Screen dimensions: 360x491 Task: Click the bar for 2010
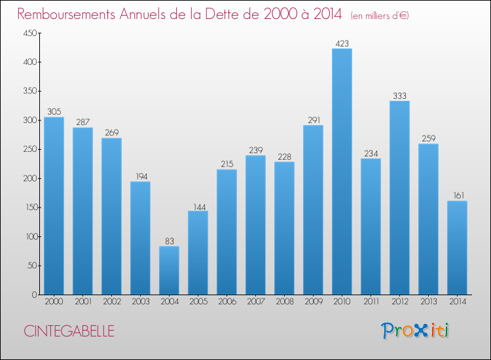coord(342,171)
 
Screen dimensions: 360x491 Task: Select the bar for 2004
coord(169,270)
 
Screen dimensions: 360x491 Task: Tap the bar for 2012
coord(399,198)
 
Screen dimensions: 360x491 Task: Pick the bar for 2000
coord(54,206)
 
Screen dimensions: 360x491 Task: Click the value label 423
coord(342,43)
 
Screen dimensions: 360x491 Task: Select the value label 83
coord(169,241)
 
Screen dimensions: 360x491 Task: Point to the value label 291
coord(313,120)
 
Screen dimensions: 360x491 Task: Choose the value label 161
coord(457,196)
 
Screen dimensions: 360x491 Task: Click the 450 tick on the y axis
coord(30,33)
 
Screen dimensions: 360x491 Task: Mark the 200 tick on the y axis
coord(30,179)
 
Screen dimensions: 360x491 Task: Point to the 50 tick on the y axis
coord(32,266)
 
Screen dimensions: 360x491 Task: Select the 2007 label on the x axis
coord(255,302)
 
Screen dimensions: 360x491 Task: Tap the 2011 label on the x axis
coord(371,302)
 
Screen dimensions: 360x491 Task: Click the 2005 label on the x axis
coord(198,302)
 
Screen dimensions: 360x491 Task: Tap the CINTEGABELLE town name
coord(69,331)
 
